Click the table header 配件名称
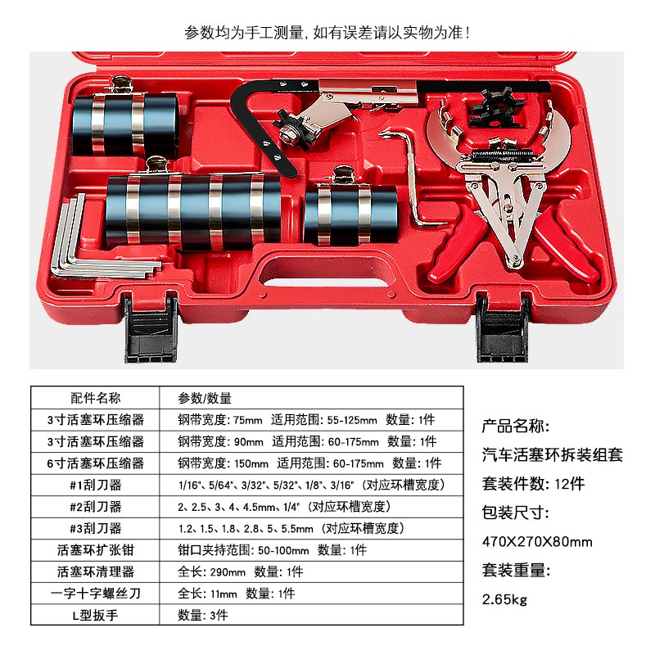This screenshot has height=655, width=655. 96,399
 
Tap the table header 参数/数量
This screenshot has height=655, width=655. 205,399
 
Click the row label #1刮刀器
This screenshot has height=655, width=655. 96,485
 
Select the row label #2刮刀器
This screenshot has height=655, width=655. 96,506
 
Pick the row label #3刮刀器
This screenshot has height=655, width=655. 96,528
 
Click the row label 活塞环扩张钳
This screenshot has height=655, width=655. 96,549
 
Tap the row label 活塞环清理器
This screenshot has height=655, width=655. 96,571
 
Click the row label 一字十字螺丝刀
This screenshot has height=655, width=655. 96,593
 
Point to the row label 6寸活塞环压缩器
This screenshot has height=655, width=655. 96,463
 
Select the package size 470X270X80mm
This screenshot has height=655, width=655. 537,542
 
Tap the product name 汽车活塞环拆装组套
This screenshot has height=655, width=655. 553,455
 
